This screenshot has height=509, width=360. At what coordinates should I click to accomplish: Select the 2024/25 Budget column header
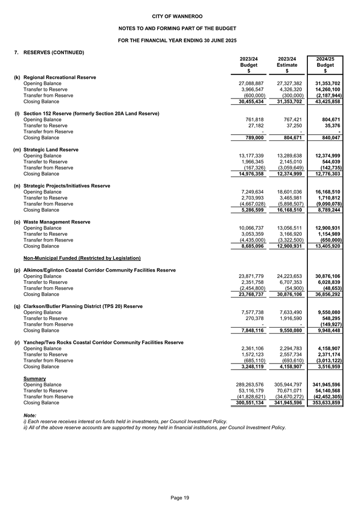point(328,65)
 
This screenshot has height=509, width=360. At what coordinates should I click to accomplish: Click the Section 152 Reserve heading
point(91,113)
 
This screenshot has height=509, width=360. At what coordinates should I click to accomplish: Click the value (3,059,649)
point(289,168)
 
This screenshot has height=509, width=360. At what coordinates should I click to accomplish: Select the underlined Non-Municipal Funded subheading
point(82,258)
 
